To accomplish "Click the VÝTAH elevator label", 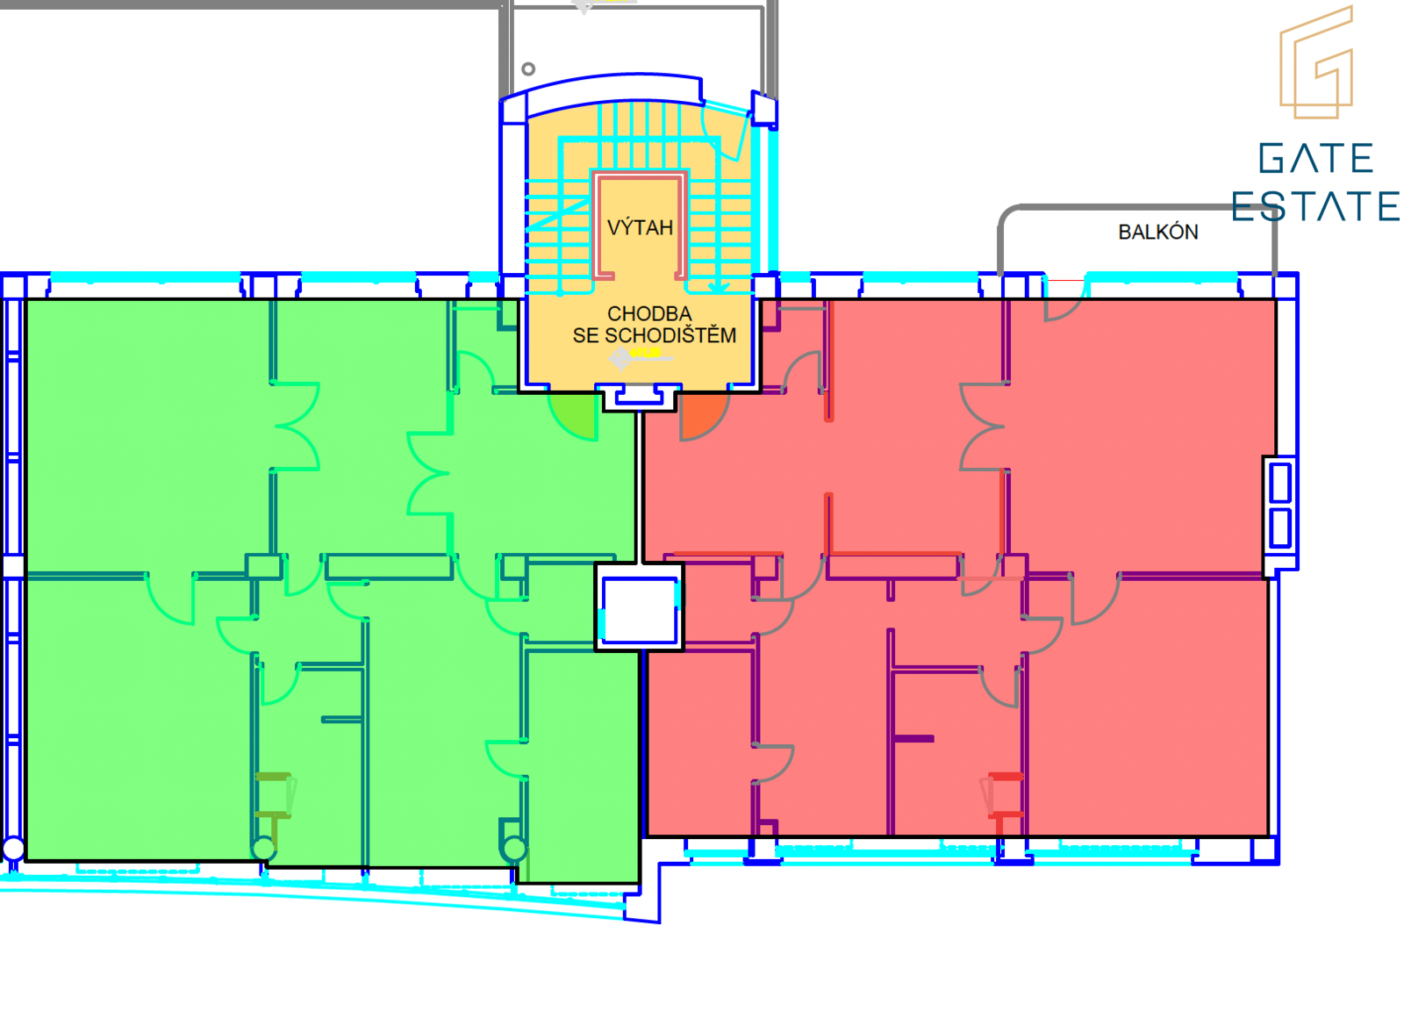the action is (x=640, y=227).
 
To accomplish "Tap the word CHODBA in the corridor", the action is (x=649, y=313).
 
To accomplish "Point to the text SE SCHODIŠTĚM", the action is (x=654, y=335).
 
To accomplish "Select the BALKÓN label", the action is (x=1158, y=232).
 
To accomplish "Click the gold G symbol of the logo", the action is (x=1315, y=62).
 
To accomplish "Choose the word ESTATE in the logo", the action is (x=1315, y=206).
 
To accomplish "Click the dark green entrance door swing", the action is (x=574, y=416).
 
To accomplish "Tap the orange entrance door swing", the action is (x=705, y=416).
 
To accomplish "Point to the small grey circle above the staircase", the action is (x=528, y=69).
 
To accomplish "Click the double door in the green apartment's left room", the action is (x=298, y=427).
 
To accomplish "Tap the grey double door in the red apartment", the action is (x=981, y=427).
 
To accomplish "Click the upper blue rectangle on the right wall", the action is (x=1280, y=483).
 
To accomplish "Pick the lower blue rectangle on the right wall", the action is (x=1280, y=527).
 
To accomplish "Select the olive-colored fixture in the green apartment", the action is (x=275, y=796).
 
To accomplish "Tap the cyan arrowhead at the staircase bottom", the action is (x=719, y=288).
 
